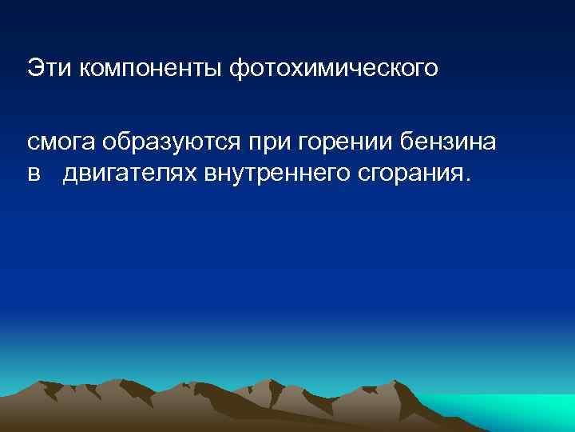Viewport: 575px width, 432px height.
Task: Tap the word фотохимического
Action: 335,67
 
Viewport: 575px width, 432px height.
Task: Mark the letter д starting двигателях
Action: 71,172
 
